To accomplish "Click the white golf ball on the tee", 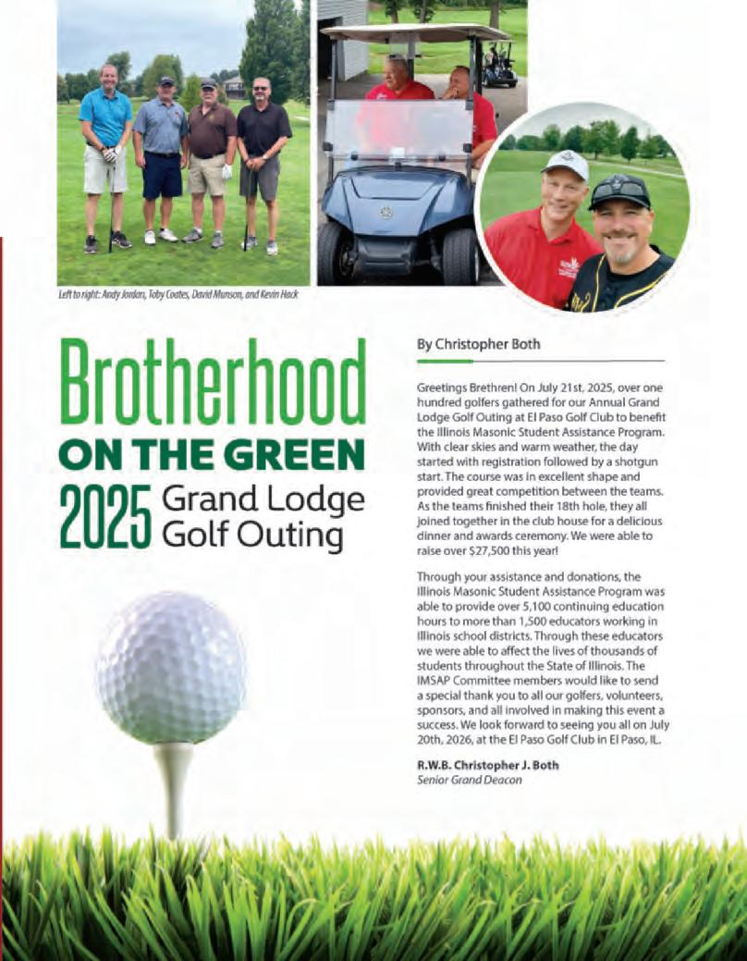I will click(x=171, y=668).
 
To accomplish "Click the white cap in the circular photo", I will click(x=566, y=165).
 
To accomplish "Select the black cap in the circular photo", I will click(x=619, y=191).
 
